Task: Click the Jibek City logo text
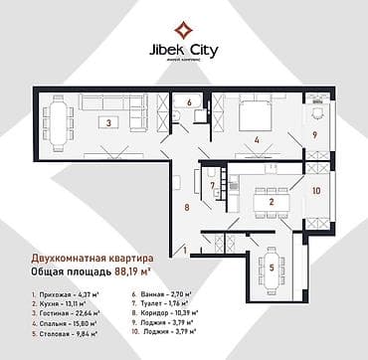(183, 46)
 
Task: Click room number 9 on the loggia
(314, 134)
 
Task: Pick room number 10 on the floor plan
(317, 189)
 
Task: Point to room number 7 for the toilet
(212, 185)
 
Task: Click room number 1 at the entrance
(184, 253)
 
